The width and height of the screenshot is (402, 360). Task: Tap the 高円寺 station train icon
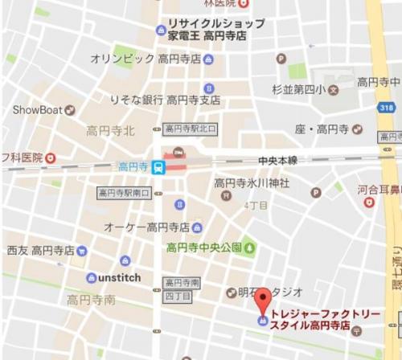point(160,167)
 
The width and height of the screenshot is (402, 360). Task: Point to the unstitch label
point(119,278)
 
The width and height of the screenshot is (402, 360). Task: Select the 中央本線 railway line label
point(277,161)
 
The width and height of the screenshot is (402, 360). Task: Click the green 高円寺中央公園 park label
point(203,247)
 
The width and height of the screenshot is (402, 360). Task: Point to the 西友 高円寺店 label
point(40,251)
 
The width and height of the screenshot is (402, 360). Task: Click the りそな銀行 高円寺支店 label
point(165,100)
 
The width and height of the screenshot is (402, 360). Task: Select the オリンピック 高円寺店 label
point(146,59)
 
